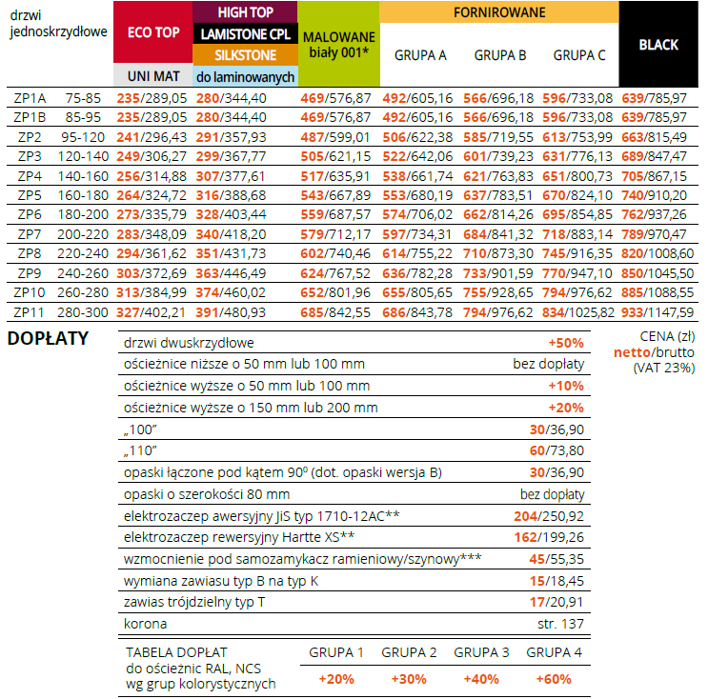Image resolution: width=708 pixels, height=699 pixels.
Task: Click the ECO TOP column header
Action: point(153,32)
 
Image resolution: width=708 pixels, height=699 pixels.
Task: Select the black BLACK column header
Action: point(658,45)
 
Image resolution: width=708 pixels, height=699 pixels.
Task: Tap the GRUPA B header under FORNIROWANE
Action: point(500,55)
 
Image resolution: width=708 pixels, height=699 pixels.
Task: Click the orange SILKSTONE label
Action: point(245,55)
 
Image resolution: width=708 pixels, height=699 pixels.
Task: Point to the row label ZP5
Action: point(30,195)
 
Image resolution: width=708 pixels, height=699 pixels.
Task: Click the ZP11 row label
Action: point(29,312)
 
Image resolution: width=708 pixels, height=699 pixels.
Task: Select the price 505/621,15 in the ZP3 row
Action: point(335,156)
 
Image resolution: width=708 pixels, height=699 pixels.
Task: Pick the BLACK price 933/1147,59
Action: point(657,312)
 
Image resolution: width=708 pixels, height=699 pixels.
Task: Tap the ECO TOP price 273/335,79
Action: point(152,214)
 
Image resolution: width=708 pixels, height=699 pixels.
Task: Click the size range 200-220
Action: point(83,234)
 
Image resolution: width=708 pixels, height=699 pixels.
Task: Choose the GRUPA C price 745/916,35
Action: point(577,253)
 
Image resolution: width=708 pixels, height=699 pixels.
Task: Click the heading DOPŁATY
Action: point(48,338)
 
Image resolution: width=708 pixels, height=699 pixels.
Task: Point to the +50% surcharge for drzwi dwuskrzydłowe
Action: point(566,343)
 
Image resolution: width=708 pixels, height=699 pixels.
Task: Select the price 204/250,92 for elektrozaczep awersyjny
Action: point(549,516)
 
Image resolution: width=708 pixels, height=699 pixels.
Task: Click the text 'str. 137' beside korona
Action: point(560,624)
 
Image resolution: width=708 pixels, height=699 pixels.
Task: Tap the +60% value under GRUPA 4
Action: point(554,679)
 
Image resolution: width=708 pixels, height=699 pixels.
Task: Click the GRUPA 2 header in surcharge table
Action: point(409,652)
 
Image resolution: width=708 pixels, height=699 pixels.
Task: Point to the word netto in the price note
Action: point(632,352)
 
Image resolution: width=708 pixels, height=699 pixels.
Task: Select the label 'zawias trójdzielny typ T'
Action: point(194,602)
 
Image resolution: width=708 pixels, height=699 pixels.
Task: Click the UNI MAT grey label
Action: point(153,76)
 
